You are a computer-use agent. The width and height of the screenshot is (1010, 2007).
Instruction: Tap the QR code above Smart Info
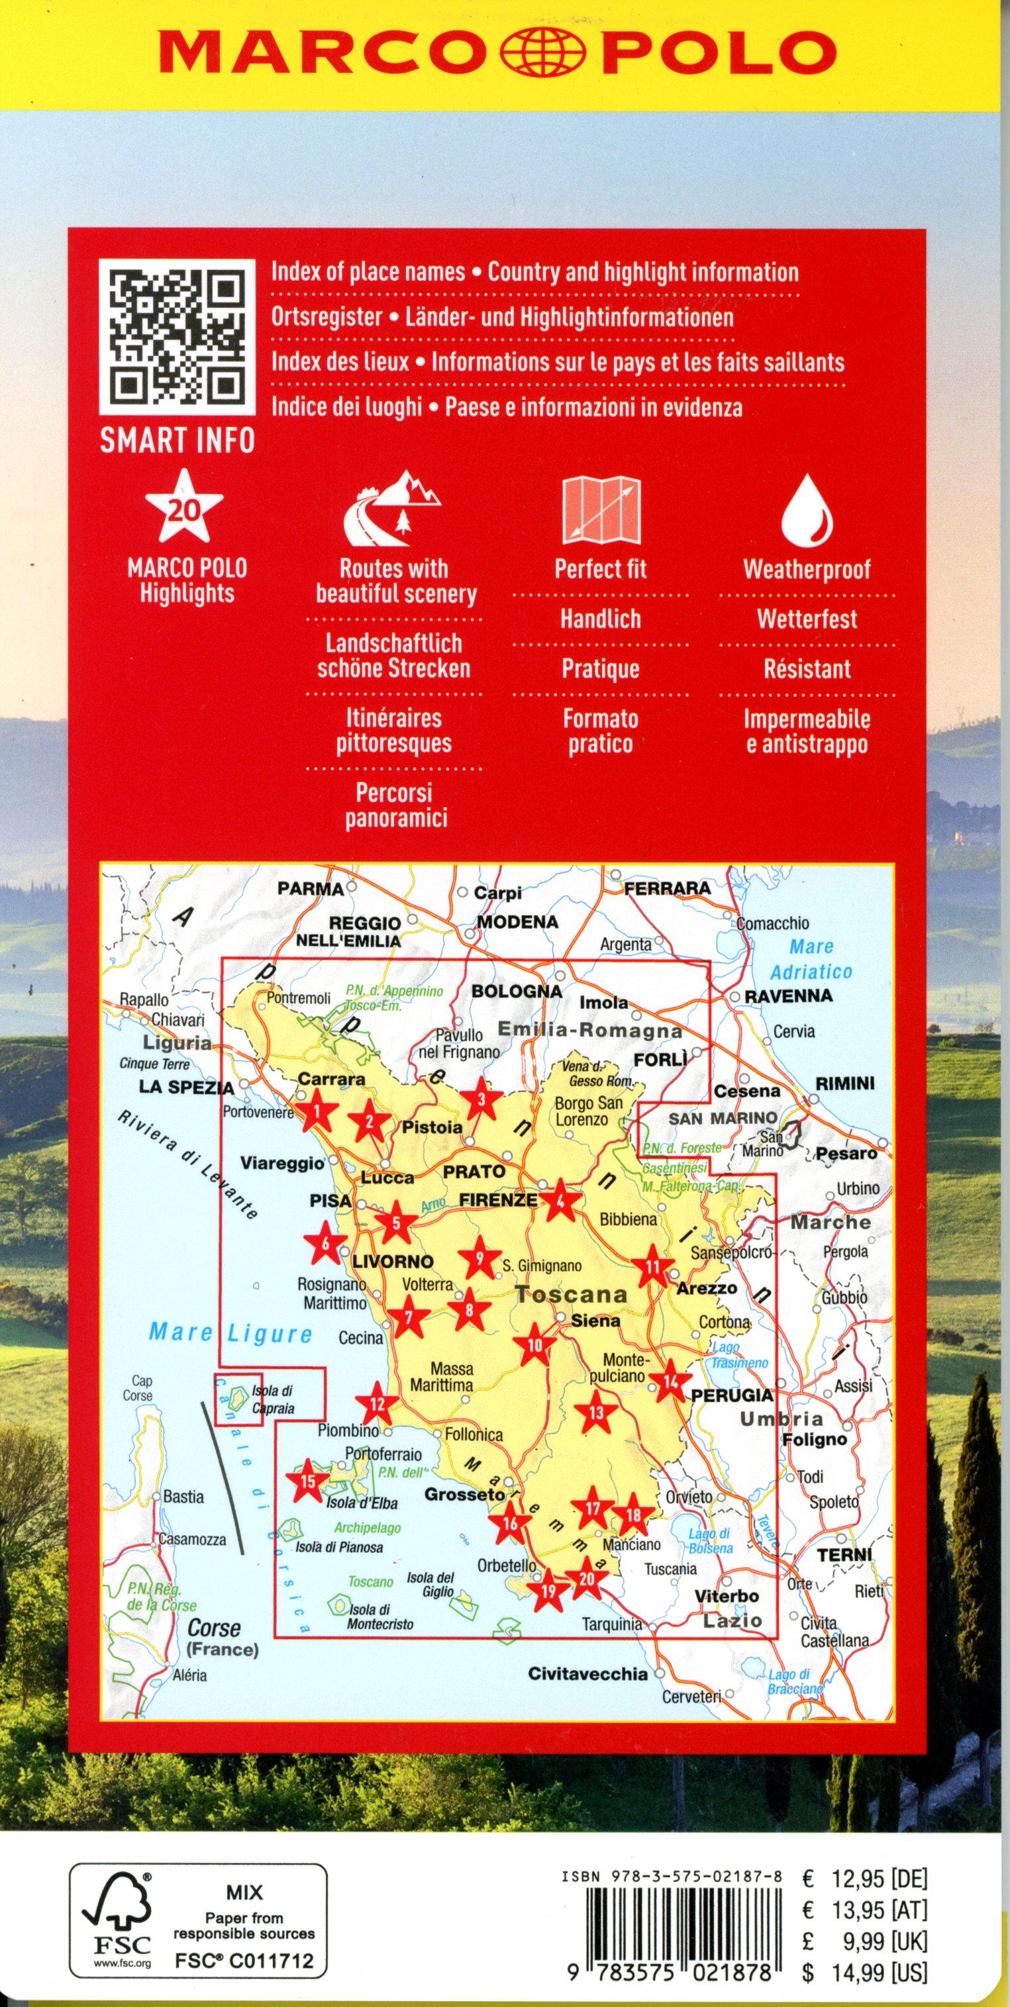pyautogui.click(x=177, y=338)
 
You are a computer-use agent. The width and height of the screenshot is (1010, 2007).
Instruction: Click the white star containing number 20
pyautogui.click(x=185, y=507)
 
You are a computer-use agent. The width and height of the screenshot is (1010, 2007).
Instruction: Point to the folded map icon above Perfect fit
pyautogui.click(x=601, y=510)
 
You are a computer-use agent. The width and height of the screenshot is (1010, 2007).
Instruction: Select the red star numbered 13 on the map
pyautogui.click(x=596, y=1413)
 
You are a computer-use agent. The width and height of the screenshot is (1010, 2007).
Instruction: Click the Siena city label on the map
pyautogui.click(x=595, y=1320)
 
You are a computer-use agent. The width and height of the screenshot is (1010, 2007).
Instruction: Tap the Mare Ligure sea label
pyautogui.click(x=230, y=1333)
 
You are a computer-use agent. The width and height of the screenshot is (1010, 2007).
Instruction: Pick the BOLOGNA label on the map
pyautogui.click(x=517, y=991)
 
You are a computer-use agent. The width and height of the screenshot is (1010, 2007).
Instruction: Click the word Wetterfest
pyautogui.click(x=807, y=620)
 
